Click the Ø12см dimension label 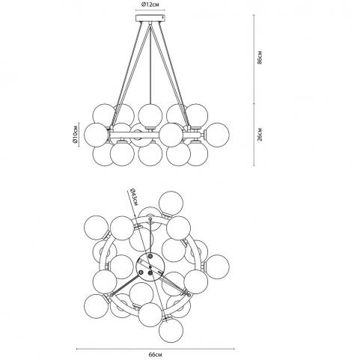(150, 4)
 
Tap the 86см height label (260, 58)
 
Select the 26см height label (260, 135)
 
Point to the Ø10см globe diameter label (75, 135)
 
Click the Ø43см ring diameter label (133, 197)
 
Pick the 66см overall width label (155, 355)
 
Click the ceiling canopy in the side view (150, 18)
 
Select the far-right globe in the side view (217, 135)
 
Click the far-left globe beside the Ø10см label (96, 135)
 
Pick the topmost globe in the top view (171, 204)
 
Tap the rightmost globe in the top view (217, 266)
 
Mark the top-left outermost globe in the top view (97, 228)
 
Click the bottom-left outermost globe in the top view (97, 306)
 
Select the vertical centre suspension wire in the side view (150, 63)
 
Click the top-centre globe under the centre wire (150, 116)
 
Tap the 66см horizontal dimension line (156, 349)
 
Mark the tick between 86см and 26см (254, 103)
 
